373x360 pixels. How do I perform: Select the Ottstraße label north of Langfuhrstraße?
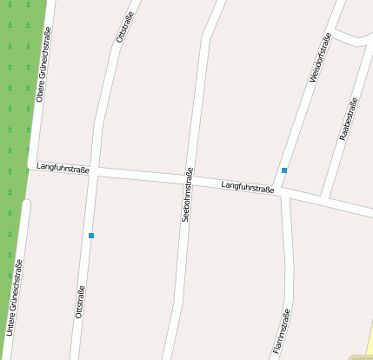(121, 28)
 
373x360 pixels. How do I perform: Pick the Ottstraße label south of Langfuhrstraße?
(80, 303)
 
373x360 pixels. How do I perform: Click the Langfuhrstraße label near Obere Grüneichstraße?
(63, 169)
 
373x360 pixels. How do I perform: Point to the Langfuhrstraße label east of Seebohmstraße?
(248, 187)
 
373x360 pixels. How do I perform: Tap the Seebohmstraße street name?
(187, 195)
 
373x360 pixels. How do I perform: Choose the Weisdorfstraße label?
(320, 59)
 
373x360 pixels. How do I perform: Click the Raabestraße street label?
(348, 122)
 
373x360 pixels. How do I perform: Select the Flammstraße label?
(280, 330)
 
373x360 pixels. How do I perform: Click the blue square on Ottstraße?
(90, 236)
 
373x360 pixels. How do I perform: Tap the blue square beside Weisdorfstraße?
(284, 170)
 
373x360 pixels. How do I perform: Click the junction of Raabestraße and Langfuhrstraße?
(325, 200)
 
